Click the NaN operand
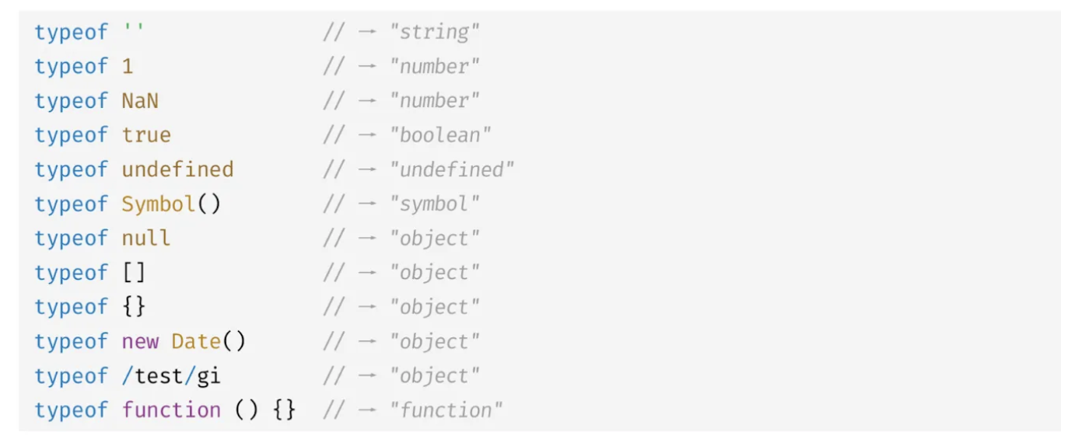(140, 101)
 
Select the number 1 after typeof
(128, 67)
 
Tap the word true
(146, 135)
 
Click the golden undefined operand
(177, 169)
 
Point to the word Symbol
(159, 204)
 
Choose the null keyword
(146, 238)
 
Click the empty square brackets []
(134, 273)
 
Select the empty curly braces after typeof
(134, 307)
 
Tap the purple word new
(140, 341)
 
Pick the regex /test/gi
(171, 376)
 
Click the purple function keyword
(171, 410)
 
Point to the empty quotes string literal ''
(134, 31)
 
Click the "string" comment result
(435, 33)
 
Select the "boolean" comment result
(441, 135)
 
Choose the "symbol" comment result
(435, 204)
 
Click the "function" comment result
(446, 410)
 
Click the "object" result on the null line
(435, 238)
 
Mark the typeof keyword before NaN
(72, 101)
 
